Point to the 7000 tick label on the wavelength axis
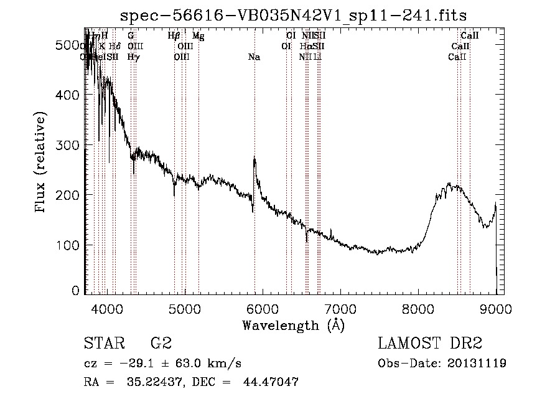pyautogui.click(x=340, y=309)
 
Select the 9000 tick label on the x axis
pyautogui.click(x=495, y=309)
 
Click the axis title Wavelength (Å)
pyautogui.click(x=293, y=325)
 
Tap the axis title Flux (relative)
pyautogui.click(x=42, y=163)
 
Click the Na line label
pyautogui.click(x=254, y=57)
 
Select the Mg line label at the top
pyautogui.click(x=198, y=36)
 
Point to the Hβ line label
pyautogui.click(x=174, y=36)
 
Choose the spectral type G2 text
pyautogui.click(x=161, y=344)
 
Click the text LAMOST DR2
pyautogui.click(x=430, y=344)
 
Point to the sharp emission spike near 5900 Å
pyautogui.click(x=254, y=158)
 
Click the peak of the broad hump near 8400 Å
pyautogui.click(x=449, y=184)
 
